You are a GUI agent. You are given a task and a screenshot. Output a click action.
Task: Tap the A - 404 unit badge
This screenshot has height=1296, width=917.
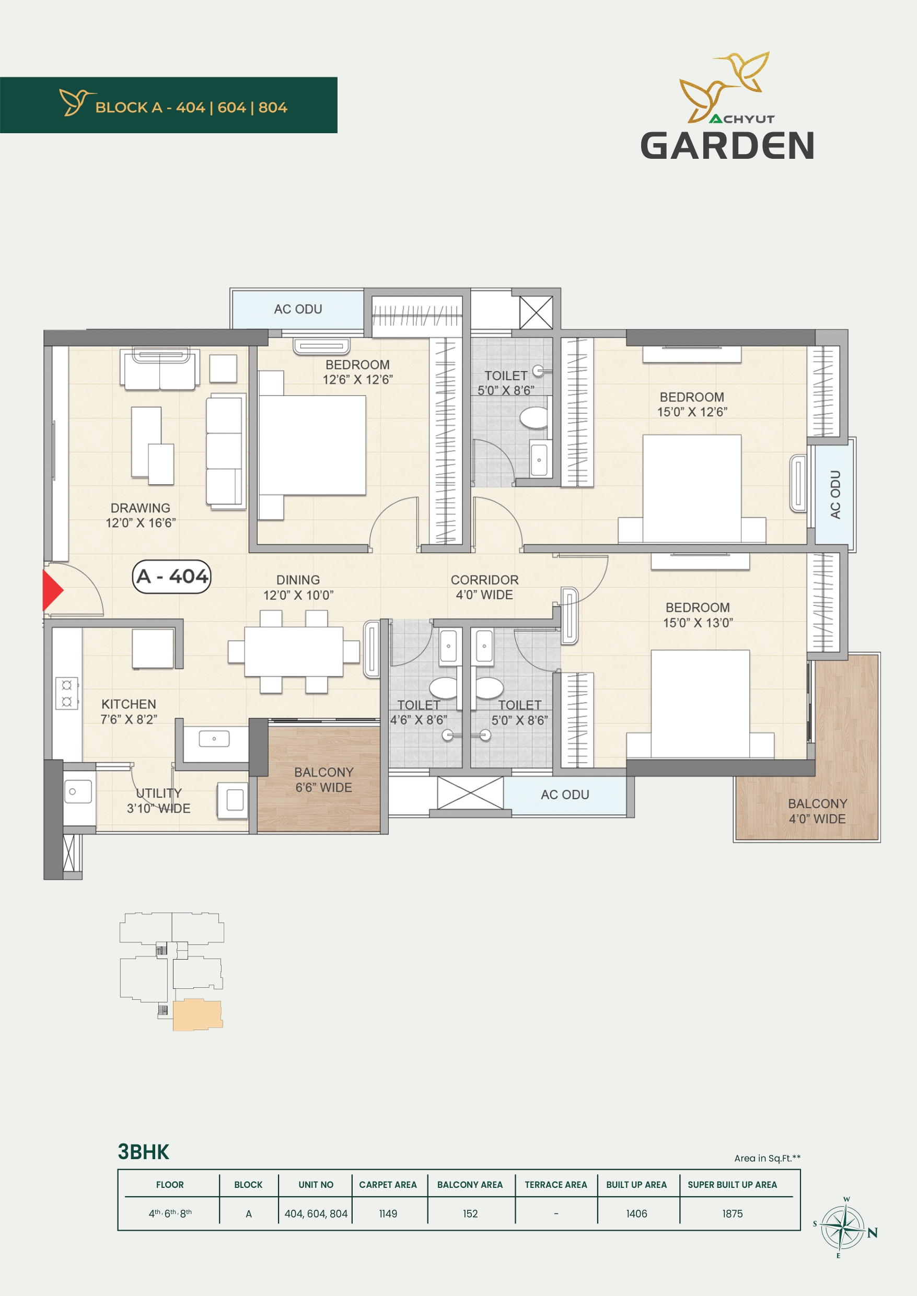click(x=172, y=576)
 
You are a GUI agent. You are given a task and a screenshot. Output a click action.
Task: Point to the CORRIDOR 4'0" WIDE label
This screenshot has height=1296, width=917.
click(x=484, y=587)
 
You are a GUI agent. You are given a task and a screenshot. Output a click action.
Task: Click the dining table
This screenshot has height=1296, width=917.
click(x=294, y=651)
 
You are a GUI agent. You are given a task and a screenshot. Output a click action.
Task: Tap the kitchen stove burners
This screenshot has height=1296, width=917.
click(x=67, y=693)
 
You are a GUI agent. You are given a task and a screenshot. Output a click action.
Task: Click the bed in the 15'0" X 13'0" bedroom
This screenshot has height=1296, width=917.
click(x=700, y=704)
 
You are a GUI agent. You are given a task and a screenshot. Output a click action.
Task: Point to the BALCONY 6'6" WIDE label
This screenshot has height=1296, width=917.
click(x=323, y=779)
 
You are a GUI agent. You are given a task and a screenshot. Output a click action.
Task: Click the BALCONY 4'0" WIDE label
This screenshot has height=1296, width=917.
click(x=817, y=811)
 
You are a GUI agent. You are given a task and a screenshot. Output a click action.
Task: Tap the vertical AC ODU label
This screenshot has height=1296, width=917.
click(x=835, y=495)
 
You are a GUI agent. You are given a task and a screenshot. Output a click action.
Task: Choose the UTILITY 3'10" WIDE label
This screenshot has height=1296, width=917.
click(x=159, y=800)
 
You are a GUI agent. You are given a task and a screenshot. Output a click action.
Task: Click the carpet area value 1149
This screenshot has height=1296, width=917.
click(x=388, y=1213)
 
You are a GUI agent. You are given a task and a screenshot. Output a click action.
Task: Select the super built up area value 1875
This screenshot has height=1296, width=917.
click(x=733, y=1213)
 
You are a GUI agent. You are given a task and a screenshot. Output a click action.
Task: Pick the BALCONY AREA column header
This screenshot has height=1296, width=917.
click(x=470, y=1185)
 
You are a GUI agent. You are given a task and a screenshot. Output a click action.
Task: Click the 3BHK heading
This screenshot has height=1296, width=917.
click(x=143, y=1152)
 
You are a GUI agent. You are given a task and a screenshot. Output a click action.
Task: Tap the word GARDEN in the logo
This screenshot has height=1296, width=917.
click(x=727, y=146)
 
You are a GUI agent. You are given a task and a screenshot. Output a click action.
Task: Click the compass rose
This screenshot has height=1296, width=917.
click(x=842, y=1227)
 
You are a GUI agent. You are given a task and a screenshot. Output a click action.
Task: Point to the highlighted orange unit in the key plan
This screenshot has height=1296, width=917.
click(x=197, y=1015)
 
